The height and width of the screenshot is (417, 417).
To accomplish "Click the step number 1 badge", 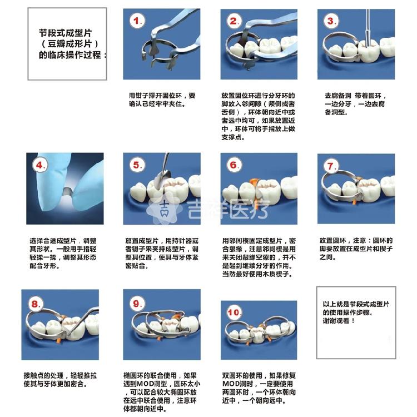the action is pos(137,21).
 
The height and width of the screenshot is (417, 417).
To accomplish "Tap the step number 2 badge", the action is pos(234,21).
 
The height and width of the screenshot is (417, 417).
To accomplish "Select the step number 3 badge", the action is pos(331,21).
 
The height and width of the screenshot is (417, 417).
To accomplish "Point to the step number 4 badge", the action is pos(40,165).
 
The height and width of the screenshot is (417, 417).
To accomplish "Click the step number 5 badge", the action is pos(137,165).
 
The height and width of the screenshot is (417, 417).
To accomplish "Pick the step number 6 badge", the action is pos(234,165).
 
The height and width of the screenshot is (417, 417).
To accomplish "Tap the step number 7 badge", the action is pos(331,166).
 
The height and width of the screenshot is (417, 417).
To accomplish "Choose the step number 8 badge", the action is pos(36,304).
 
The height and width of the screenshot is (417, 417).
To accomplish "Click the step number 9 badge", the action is pos(137,303).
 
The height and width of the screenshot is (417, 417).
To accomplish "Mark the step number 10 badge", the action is pos(234,312).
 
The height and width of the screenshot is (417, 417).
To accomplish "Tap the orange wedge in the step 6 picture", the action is pos(254,185).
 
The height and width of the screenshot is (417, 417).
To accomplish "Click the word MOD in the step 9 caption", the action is pos(145,384).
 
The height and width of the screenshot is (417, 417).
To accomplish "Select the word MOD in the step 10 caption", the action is pos(231,384).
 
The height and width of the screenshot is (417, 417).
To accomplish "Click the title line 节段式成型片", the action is pos(66,33).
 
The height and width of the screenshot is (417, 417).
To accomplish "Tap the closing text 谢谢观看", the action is pos(336,321).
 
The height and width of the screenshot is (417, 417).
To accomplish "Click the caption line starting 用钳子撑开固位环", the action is pos(162,96).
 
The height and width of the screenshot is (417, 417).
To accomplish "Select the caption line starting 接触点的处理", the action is pos(61,375).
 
